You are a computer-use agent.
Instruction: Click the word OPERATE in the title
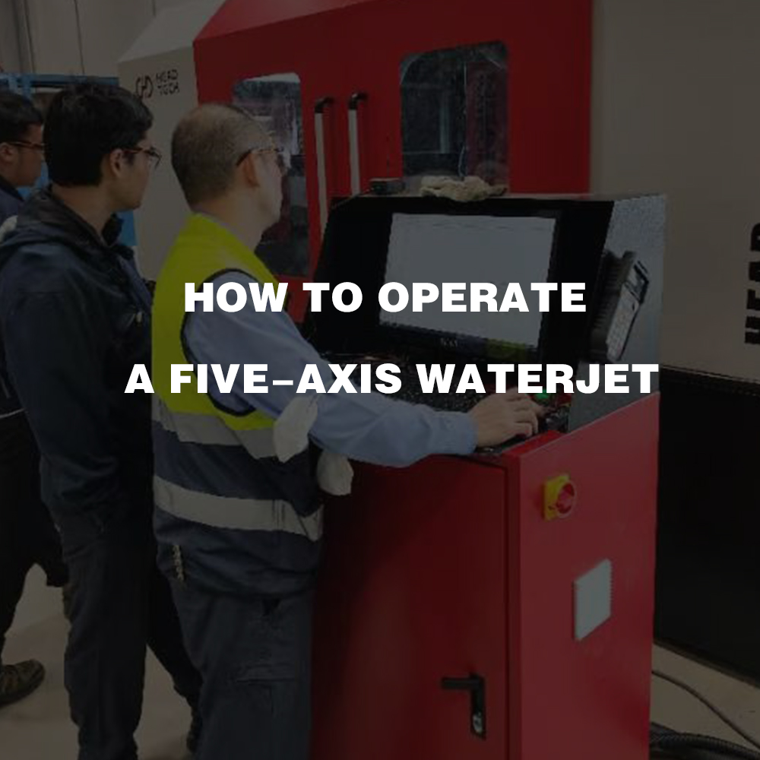[482, 297]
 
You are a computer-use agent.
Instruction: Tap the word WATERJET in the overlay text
[537, 378]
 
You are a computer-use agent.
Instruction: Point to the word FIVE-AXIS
[286, 378]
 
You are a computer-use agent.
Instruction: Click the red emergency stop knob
[562, 498]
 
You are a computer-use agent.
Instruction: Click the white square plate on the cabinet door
[593, 599]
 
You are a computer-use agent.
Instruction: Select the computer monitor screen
[467, 279]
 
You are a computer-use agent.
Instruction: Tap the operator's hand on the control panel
[505, 417]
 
